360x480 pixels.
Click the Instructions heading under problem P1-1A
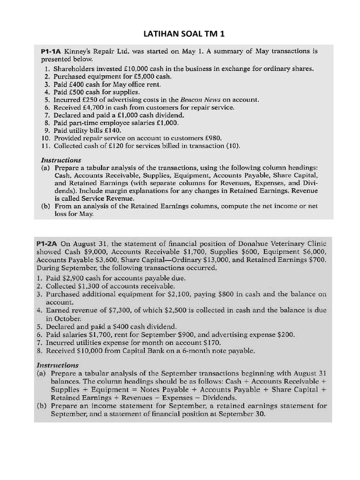pyautogui.click(x=61, y=160)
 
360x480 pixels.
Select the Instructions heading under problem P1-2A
pyautogui.click(x=57, y=365)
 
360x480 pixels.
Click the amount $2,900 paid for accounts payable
pyautogui.click(x=73, y=278)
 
